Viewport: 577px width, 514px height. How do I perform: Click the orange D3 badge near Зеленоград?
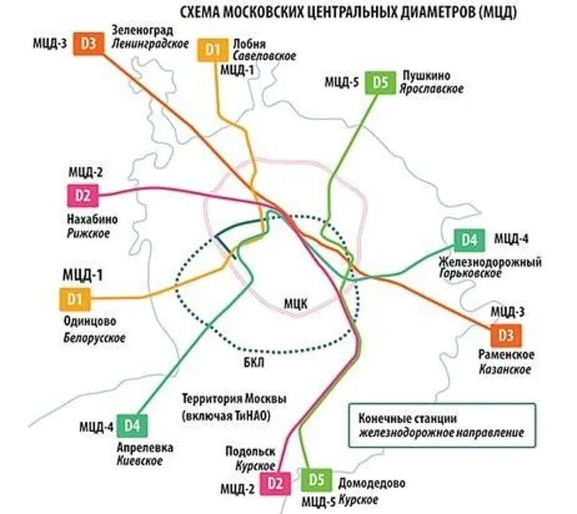[x=89, y=43]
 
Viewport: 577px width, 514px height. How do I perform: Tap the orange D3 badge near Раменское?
[x=506, y=335]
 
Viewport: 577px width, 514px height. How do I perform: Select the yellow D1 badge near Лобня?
[x=212, y=50]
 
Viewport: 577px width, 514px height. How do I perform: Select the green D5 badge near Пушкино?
[x=381, y=82]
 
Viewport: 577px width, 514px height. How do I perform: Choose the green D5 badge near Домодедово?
[x=318, y=479]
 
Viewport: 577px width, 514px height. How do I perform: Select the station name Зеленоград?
[x=143, y=30]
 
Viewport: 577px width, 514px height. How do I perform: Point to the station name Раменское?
[x=506, y=355]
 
